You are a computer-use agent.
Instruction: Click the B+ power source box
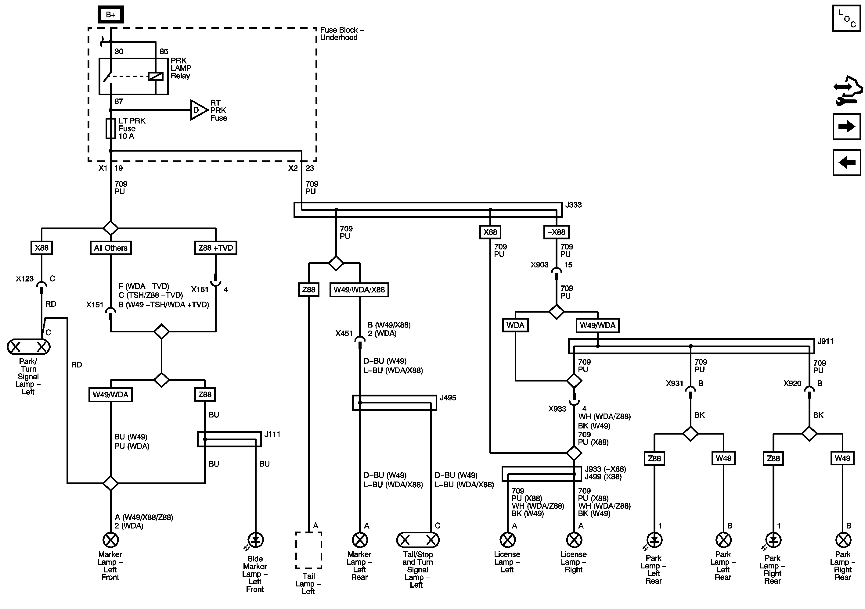110,15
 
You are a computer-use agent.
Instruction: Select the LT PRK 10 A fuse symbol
110,128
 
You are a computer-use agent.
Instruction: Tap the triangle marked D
199,110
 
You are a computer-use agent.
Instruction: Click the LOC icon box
846,18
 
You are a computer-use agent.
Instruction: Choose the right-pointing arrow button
846,126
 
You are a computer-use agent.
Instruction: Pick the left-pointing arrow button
846,162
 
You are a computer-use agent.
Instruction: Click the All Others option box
111,248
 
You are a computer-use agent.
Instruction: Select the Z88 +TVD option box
215,248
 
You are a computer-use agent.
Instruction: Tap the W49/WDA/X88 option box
359,290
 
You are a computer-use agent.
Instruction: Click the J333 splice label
573,205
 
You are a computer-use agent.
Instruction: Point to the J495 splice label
448,398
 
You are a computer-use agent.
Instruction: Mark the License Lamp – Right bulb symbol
574,540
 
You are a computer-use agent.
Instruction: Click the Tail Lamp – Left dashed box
308,550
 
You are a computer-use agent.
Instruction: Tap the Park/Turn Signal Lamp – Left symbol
28,347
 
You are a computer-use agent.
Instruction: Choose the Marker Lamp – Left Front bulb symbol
110,540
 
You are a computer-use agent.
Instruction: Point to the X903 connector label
539,265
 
